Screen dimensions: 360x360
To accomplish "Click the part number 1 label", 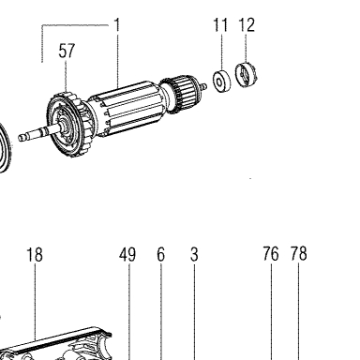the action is [x=117, y=25].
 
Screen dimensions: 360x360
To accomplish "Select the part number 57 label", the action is [x=67, y=51].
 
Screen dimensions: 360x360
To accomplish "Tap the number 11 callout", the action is [x=220, y=25].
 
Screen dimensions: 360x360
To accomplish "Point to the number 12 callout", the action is [x=247, y=25].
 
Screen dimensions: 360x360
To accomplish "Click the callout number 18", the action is [x=35, y=254].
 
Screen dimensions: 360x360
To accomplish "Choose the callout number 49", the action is [x=127, y=254].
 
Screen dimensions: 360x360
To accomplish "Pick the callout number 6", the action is [x=160, y=254].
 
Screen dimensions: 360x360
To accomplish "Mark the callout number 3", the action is [x=194, y=254].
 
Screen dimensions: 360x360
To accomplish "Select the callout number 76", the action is [x=271, y=254].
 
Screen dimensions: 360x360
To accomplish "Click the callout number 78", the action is [x=299, y=254].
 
